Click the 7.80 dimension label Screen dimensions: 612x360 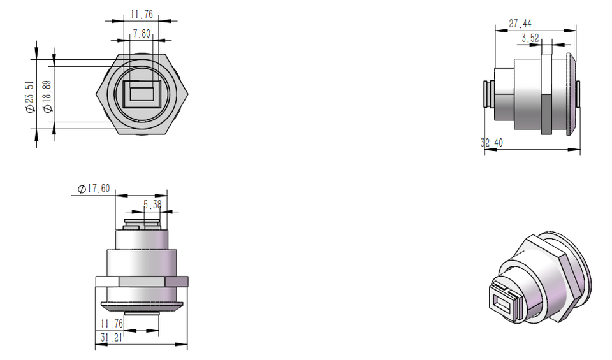coord(142,34)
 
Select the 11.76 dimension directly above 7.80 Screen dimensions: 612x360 coord(142,15)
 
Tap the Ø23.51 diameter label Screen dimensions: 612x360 coord(30,97)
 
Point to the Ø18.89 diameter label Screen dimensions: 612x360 coord(47,97)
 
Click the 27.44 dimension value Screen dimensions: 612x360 coord(520,24)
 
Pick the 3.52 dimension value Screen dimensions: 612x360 coord(530,38)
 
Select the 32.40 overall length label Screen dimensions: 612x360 coord(492,143)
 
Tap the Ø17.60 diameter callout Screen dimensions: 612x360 coord(94,189)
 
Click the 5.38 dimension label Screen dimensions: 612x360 coord(152,205)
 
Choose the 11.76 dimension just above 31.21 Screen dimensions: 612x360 coord(112,324)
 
